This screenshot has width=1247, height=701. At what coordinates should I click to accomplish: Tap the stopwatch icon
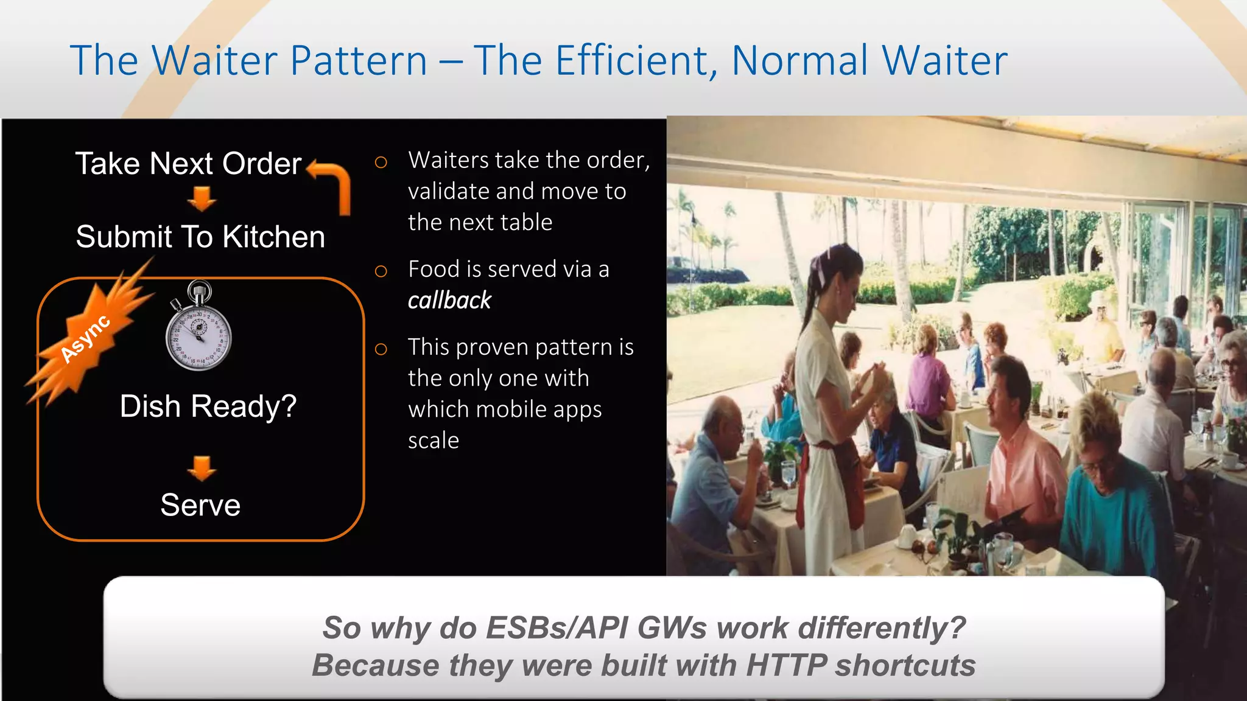[x=198, y=329]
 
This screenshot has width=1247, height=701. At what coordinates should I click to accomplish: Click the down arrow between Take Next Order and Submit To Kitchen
[x=202, y=198]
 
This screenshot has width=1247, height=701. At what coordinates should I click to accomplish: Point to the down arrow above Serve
[x=202, y=467]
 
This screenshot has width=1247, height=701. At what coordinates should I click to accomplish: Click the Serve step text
[x=200, y=505]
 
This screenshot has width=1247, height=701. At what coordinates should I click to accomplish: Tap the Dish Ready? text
[x=208, y=406]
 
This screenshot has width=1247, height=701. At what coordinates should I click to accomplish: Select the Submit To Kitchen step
[x=200, y=237]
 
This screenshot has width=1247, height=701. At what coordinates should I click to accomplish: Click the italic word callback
[x=449, y=301]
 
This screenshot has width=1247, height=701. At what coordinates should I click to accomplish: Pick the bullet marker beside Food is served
[x=381, y=271]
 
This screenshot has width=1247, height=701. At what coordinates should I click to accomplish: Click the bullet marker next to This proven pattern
[x=381, y=349]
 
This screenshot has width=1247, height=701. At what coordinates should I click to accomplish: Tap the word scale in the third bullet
[x=434, y=441]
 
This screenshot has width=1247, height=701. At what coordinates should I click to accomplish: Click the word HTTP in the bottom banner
[x=786, y=665]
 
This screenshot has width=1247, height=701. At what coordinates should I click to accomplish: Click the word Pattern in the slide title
[x=359, y=61]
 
